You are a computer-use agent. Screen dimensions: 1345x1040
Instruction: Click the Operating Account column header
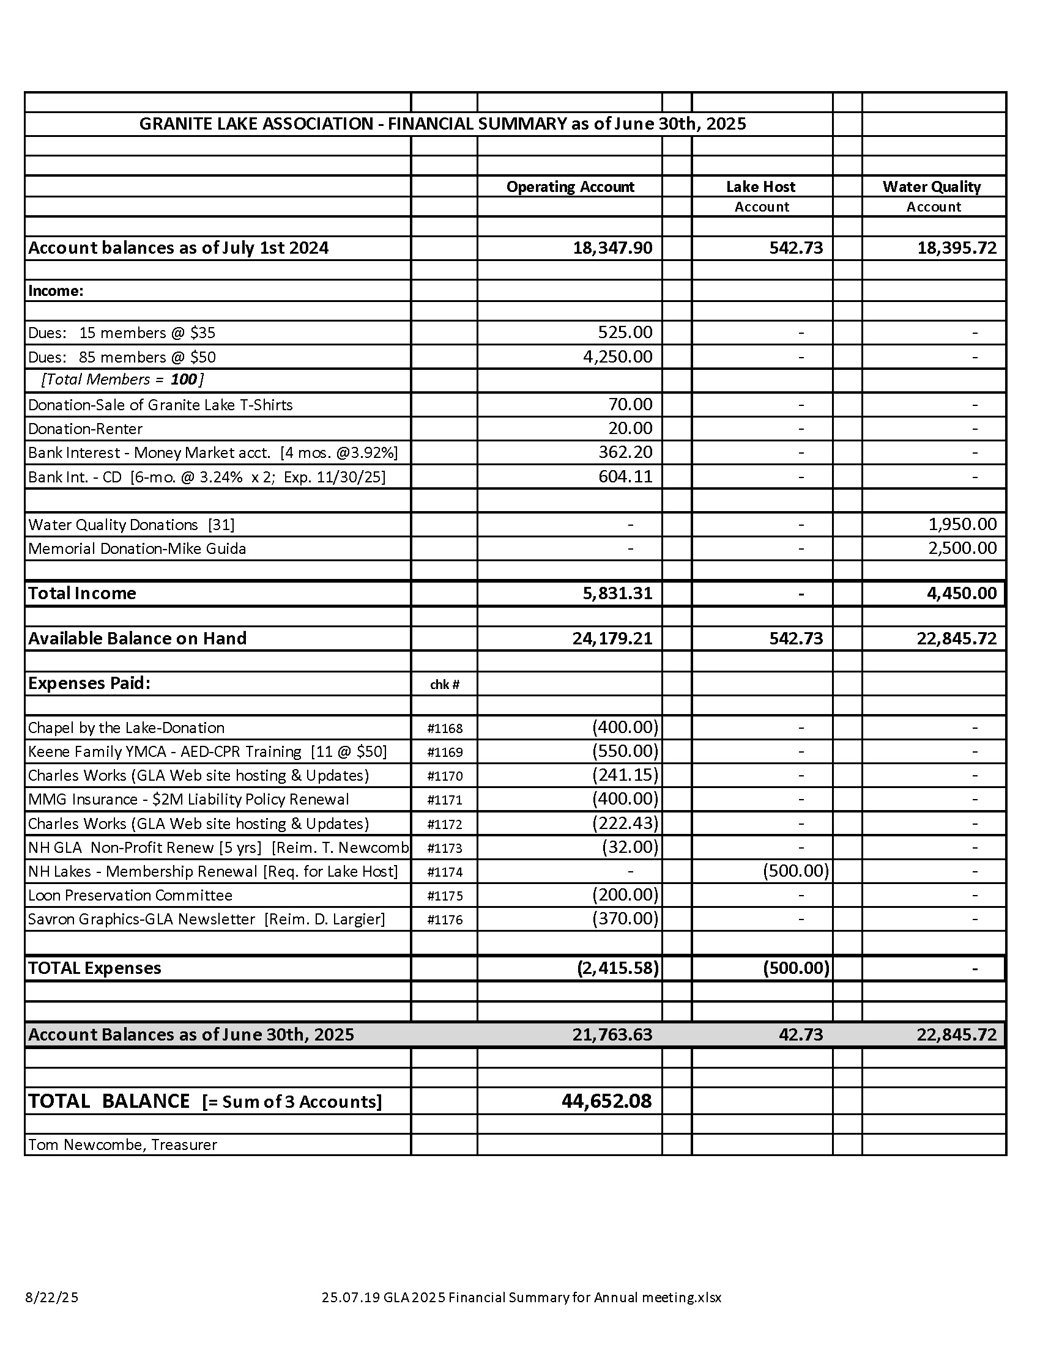pos(570,186)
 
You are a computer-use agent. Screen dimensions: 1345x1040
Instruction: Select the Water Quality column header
pos(931,186)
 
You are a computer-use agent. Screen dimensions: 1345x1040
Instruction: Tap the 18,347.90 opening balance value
pos(612,248)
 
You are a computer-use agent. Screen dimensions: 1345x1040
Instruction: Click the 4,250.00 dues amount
pos(617,356)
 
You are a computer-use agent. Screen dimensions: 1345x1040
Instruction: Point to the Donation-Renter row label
pos(85,429)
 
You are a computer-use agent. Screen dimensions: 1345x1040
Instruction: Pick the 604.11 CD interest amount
pos(625,476)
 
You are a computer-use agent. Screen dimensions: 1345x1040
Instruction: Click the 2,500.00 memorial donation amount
pos(962,548)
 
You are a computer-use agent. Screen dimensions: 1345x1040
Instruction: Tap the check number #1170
pos(444,776)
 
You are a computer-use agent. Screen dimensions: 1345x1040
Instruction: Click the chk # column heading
pos(444,684)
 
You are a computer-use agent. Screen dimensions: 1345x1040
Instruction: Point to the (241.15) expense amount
pos(625,775)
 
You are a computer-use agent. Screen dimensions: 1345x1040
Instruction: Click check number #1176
pos(444,919)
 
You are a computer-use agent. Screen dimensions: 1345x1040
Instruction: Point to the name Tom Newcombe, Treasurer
pos(122,1144)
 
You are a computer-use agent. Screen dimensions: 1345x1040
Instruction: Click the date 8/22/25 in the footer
pos(52,1297)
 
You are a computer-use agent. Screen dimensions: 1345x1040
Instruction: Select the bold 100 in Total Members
pos(183,380)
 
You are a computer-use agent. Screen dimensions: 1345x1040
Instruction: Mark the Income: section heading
pos(56,290)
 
